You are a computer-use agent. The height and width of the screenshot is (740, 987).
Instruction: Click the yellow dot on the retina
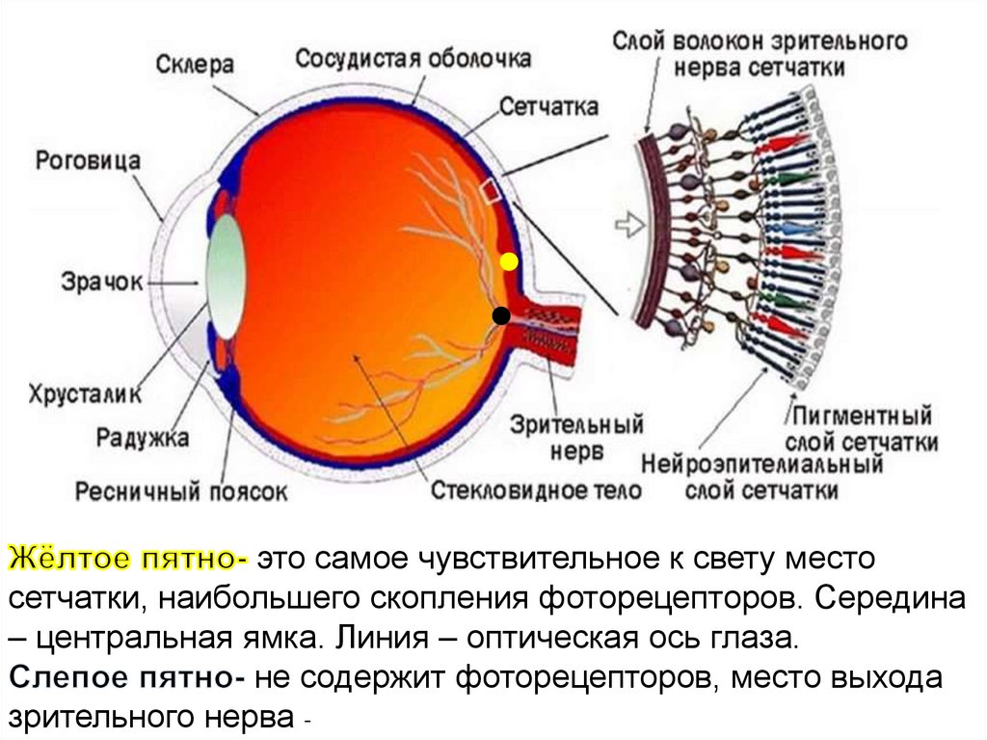pos(508,261)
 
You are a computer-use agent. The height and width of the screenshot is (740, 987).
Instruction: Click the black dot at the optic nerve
pos(500,315)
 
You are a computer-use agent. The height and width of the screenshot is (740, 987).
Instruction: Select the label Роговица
pos(88,159)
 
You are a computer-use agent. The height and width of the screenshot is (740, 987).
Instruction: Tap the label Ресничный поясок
pos(182,491)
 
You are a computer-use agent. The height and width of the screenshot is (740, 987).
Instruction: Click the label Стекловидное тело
pos(535,491)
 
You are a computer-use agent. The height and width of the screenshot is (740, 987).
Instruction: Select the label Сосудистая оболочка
pos(413,58)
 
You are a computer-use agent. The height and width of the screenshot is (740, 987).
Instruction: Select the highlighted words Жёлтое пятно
pos(128,560)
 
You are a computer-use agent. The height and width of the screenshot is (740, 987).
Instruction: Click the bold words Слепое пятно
pos(128,679)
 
